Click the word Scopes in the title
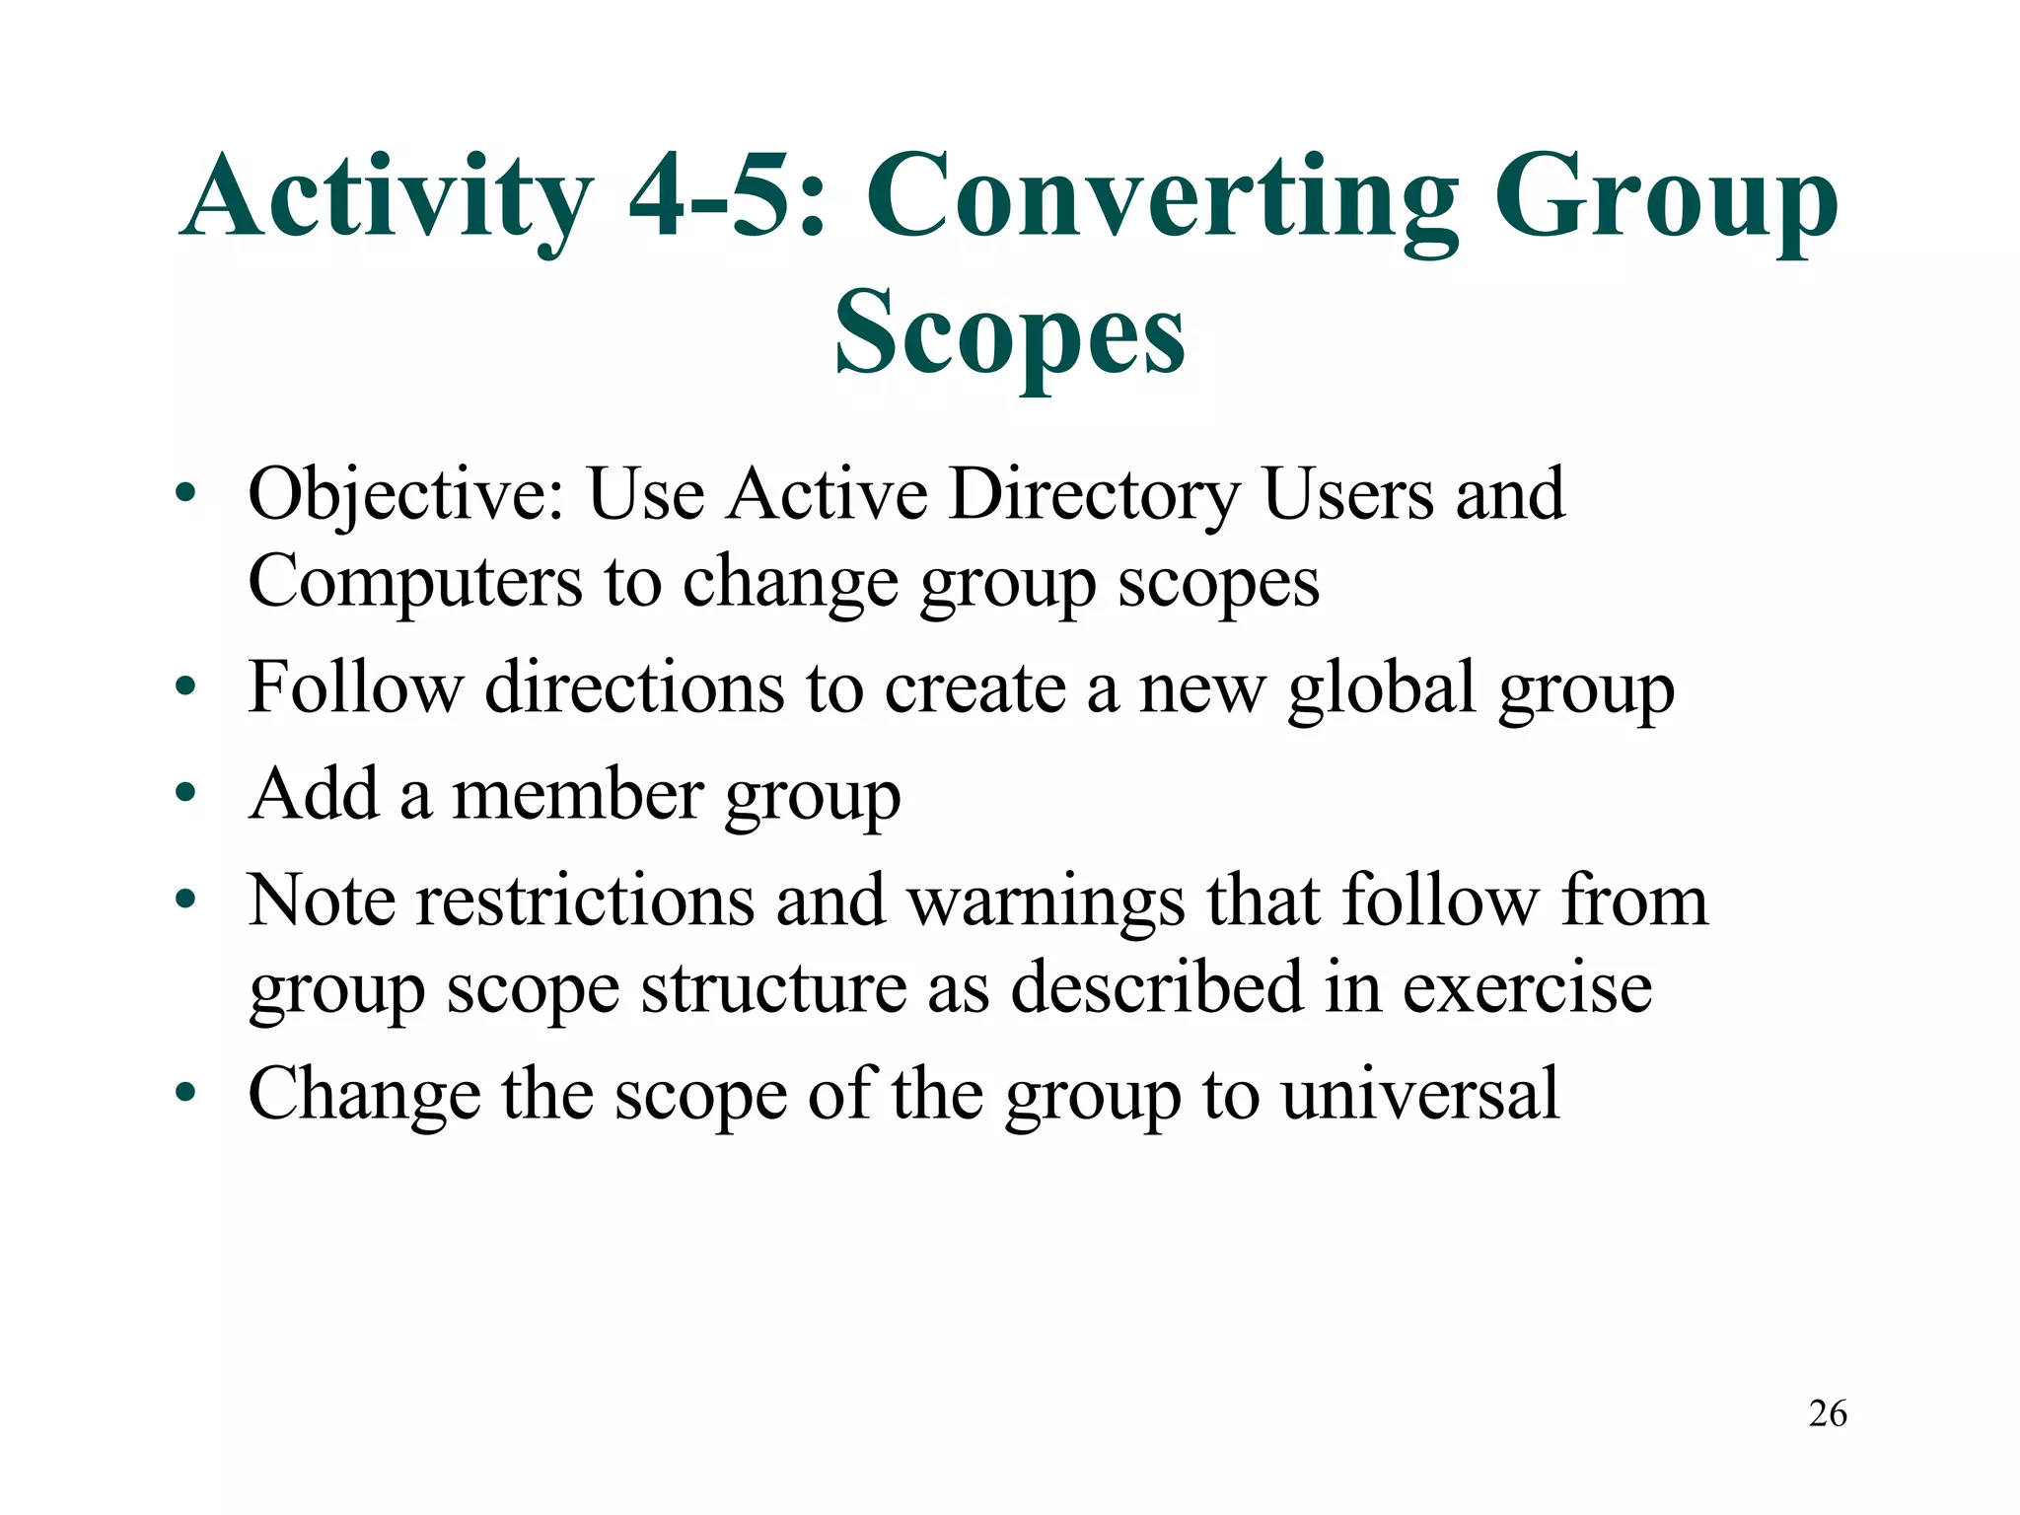click(1009, 333)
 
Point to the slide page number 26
click(1828, 1413)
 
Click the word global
click(1381, 687)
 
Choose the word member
click(578, 795)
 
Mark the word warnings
click(1046, 902)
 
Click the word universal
click(1420, 1094)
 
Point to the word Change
click(364, 1094)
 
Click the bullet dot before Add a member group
click(185, 793)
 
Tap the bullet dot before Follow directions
click(185, 686)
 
